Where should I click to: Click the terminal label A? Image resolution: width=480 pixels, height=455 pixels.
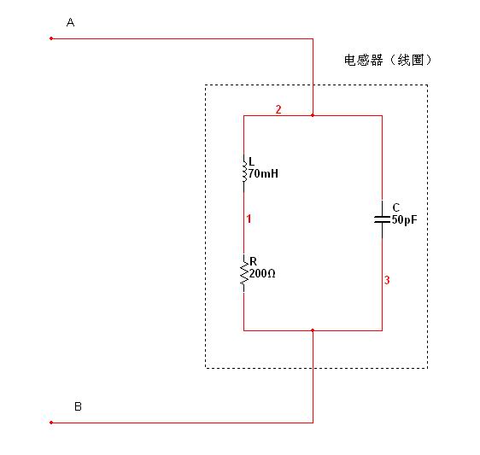[70, 22]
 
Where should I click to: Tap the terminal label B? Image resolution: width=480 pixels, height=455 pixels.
[78, 406]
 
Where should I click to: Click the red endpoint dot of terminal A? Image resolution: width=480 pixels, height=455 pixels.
[51, 38]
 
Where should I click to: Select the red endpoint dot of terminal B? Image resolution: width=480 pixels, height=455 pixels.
[51, 423]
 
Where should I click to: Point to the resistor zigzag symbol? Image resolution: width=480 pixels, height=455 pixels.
[244, 273]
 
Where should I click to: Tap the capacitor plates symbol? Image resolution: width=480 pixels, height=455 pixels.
[382, 219]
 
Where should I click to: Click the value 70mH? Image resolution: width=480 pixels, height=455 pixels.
[263, 173]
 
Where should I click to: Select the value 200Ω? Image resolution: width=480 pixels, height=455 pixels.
[262, 273]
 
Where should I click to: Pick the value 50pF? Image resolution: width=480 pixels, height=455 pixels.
[404, 219]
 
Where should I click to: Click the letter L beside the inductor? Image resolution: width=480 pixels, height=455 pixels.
[252, 161]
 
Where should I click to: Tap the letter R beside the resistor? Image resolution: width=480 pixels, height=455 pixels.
[253, 261]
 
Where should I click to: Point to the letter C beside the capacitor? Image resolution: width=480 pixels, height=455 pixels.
[396, 207]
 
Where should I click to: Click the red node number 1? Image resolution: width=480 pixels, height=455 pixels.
[249, 219]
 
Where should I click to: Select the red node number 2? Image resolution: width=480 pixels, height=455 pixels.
[278, 109]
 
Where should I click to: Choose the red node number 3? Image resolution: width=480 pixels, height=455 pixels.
[387, 280]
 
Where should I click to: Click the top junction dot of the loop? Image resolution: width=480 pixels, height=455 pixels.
[313, 115]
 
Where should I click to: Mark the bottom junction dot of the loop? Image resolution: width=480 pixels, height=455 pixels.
[313, 330]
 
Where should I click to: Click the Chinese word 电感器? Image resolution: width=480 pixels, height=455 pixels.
[363, 60]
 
